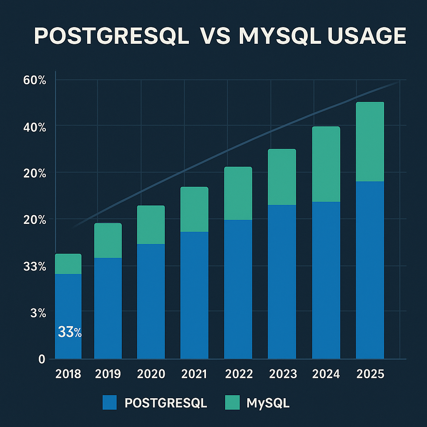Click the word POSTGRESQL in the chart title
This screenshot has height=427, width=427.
[x=111, y=36]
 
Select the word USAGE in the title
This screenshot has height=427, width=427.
[x=367, y=36]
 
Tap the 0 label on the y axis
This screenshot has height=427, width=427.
[x=42, y=359]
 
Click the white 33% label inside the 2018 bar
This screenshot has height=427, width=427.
[x=69, y=332]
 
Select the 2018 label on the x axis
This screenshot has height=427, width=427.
[x=68, y=374]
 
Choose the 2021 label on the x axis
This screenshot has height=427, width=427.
[x=194, y=374]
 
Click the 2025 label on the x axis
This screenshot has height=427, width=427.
[x=370, y=374]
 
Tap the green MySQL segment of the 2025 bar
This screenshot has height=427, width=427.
[x=370, y=142]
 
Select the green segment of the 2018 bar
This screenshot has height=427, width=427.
[x=68, y=264]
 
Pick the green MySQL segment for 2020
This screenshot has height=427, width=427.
[x=151, y=225]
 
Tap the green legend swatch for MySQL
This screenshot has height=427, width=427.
[x=232, y=403]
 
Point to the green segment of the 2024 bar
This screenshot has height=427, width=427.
[x=326, y=164]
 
